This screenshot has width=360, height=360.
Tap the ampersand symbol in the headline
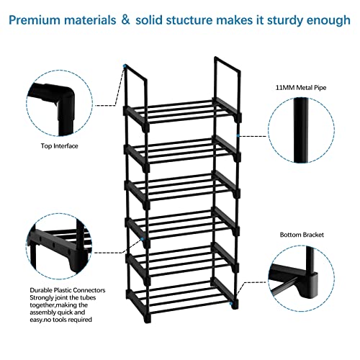[125, 19]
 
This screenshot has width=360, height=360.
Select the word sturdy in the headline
[285, 21]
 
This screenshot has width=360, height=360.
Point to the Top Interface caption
[59, 146]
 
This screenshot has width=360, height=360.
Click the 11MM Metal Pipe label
[301, 88]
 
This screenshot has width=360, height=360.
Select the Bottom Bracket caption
[302, 235]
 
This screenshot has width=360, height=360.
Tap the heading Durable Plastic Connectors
[68, 290]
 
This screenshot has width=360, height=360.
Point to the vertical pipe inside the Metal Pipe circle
[301, 130]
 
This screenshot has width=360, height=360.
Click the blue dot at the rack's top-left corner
[125, 66]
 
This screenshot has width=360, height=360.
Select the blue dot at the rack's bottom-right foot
[231, 304]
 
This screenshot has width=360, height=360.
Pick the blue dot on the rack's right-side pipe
[238, 136]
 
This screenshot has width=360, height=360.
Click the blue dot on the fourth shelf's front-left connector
[143, 239]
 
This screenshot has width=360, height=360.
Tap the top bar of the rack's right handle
[227, 64]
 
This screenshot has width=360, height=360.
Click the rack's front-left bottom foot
[147, 319]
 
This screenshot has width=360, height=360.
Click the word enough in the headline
[328, 21]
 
